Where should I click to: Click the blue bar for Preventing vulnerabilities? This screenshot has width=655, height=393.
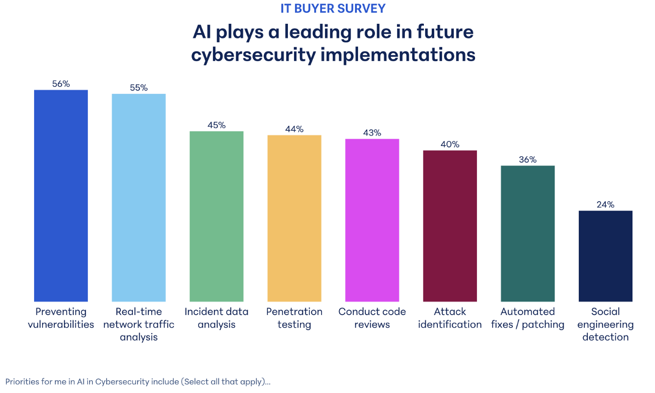click(61, 195)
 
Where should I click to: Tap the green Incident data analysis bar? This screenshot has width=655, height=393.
click(217, 216)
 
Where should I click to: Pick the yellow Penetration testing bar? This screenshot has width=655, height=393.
click(295, 218)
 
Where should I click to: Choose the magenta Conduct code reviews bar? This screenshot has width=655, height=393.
click(372, 220)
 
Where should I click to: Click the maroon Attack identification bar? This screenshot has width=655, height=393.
click(450, 226)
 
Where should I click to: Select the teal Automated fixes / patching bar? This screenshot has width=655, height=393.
click(528, 233)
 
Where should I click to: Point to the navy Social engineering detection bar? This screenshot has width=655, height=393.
click(606, 256)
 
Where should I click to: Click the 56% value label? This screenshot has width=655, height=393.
click(61, 84)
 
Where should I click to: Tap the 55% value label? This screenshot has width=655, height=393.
click(139, 88)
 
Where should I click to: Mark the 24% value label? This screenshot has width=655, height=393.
click(606, 205)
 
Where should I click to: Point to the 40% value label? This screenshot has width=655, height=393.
click(450, 145)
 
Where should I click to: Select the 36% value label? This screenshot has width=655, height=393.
click(528, 160)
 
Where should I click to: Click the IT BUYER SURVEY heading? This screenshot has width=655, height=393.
click(333, 9)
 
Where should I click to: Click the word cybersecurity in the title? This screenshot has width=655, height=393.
click(251, 54)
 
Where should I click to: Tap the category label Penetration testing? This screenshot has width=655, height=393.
click(295, 318)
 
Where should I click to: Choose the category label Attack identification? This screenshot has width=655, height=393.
click(450, 318)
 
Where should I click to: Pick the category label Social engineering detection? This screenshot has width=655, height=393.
click(606, 324)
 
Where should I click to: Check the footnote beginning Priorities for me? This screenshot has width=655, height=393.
click(138, 381)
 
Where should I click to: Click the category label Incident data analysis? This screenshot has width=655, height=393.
click(217, 318)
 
